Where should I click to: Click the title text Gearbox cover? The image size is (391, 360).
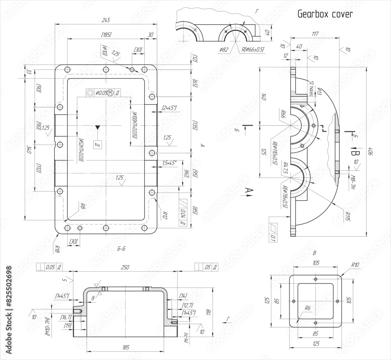click(x=325, y=14)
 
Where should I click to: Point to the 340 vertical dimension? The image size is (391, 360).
click(x=28, y=149)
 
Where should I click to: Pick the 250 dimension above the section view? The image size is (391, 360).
click(x=124, y=267)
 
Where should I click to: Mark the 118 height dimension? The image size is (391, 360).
click(x=208, y=312)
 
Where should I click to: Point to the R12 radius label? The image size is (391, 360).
click(x=165, y=214)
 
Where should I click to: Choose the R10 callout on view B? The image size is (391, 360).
click(x=355, y=265)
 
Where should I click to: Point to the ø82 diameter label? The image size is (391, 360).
click(x=224, y=50)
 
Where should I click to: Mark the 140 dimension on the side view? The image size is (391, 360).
click(x=263, y=97)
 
